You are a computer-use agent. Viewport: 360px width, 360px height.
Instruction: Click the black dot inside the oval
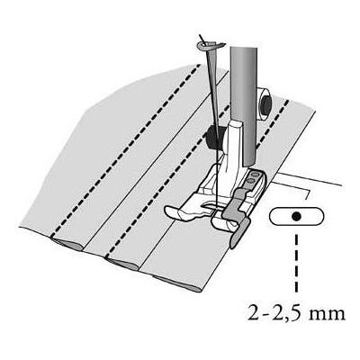click(x=297, y=216)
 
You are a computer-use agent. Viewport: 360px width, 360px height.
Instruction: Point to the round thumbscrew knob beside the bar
click(x=265, y=103)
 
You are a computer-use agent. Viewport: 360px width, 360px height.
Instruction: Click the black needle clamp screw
click(x=213, y=137)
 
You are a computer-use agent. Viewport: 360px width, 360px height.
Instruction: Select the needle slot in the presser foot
click(x=211, y=206)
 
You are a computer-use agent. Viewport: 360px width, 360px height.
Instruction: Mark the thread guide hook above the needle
click(x=210, y=45)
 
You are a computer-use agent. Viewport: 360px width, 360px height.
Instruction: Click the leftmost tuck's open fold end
click(x=67, y=245)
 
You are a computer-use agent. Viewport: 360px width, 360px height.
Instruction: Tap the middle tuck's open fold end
click(x=122, y=263)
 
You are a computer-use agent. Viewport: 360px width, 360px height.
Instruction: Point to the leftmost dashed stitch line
click(x=125, y=150)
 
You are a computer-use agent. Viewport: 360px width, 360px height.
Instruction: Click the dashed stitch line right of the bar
click(x=272, y=124)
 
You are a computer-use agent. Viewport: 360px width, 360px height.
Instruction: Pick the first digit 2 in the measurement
click(x=254, y=313)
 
